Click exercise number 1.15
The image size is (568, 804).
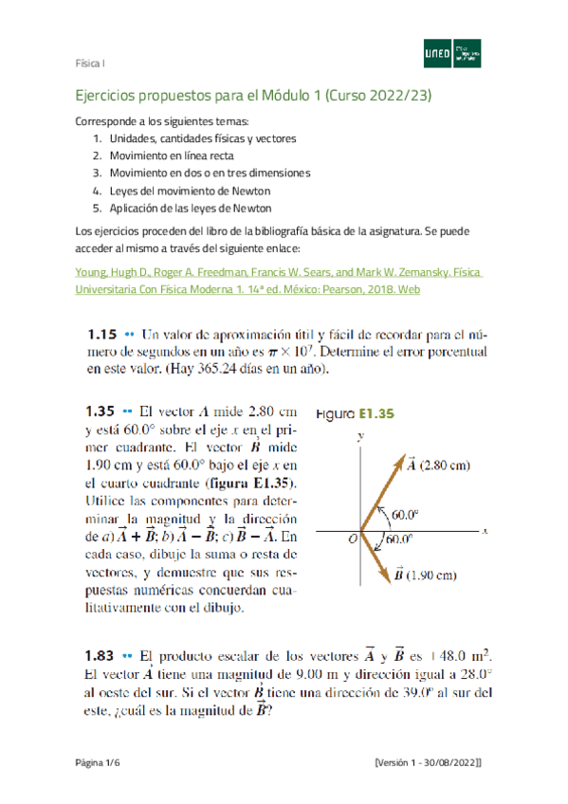click(101, 335)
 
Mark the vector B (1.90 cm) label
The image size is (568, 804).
click(431, 574)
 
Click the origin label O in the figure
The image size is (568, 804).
click(352, 539)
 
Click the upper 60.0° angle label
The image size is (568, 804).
click(405, 515)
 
